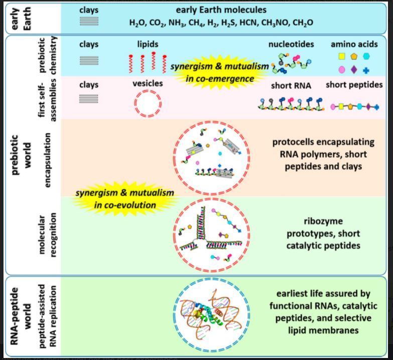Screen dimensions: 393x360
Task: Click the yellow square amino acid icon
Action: (x=342, y=56)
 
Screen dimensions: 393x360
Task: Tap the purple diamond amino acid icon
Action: (x=354, y=69)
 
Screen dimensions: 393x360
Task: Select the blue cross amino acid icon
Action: (x=366, y=70)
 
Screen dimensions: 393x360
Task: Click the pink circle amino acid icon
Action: (x=342, y=69)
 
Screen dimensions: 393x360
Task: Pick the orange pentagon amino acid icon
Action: (x=354, y=56)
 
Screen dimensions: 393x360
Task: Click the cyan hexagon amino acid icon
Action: (x=366, y=56)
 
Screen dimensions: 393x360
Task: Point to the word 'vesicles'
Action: (x=148, y=83)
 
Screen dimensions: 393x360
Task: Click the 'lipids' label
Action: (x=148, y=44)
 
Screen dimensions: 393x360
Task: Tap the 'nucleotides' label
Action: (x=291, y=44)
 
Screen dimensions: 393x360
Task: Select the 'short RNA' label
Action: (x=291, y=86)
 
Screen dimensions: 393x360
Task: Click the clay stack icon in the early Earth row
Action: (x=89, y=21)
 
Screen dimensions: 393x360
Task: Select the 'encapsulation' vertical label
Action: (x=47, y=160)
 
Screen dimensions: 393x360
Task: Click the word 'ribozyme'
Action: (x=323, y=221)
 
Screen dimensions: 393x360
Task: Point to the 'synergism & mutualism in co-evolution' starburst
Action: (x=125, y=199)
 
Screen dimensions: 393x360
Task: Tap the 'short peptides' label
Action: (x=354, y=85)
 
